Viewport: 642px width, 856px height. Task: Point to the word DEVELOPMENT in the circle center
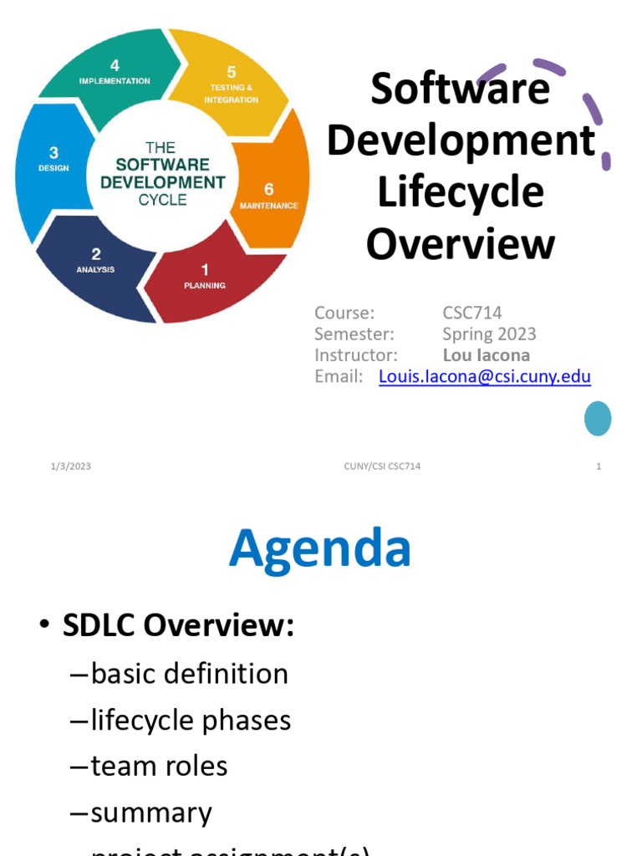point(163,182)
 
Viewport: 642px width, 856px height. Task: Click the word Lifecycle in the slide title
point(461,192)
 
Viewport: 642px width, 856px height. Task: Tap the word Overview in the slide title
point(461,244)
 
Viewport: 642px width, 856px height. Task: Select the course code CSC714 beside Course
point(472,313)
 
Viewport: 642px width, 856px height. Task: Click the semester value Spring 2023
point(489,334)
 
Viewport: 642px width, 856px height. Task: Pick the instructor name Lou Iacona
point(486,355)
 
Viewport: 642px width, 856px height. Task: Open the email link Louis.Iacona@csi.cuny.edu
point(485,376)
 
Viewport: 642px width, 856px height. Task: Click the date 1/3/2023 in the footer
point(70,466)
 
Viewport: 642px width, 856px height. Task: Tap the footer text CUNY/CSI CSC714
point(383,466)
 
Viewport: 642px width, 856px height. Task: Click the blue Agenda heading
point(320,549)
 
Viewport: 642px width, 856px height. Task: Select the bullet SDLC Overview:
point(178,626)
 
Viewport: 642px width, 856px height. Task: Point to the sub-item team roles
point(159,766)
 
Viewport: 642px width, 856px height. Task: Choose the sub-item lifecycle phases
point(191,720)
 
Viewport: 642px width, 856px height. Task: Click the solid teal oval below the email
point(598,418)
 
